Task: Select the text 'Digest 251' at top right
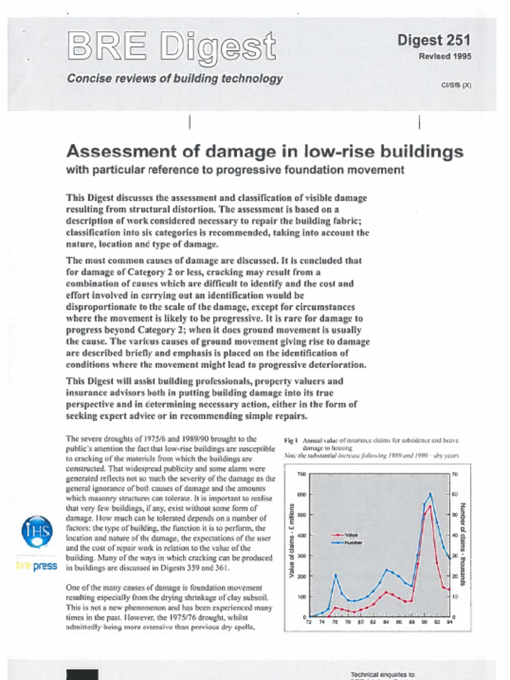point(434,41)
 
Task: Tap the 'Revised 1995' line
point(444,56)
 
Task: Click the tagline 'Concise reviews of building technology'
point(175,78)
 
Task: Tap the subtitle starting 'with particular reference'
point(235,170)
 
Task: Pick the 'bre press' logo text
point(36,566)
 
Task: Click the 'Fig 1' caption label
point(291,440)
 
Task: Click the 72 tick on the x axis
point(309,623)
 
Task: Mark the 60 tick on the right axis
point(455,495)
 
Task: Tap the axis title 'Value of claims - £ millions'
point(292,539)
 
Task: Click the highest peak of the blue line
point(430,493)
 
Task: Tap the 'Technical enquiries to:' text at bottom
point(383,675)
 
